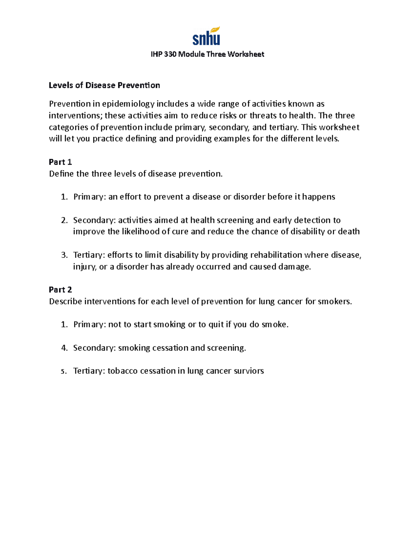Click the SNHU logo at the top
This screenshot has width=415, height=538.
coord(206,36)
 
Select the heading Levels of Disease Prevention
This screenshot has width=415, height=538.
coord(104,86)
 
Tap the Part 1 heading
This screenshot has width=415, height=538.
coord(60,162)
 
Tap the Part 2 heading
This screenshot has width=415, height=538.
coord(60,290)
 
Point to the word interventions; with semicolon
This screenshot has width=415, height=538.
coord(75,115)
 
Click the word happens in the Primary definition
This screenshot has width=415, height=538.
coord(319,197)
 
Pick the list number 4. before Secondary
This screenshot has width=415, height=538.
coord(64,348)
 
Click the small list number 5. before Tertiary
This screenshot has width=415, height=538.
coord(64,371)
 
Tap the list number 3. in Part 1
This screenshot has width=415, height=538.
coord(64,255)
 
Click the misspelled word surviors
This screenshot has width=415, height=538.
coord(249,371)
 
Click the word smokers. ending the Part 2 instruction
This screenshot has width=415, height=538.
coord(335,301)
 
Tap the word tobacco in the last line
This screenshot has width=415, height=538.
coord(123,371)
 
